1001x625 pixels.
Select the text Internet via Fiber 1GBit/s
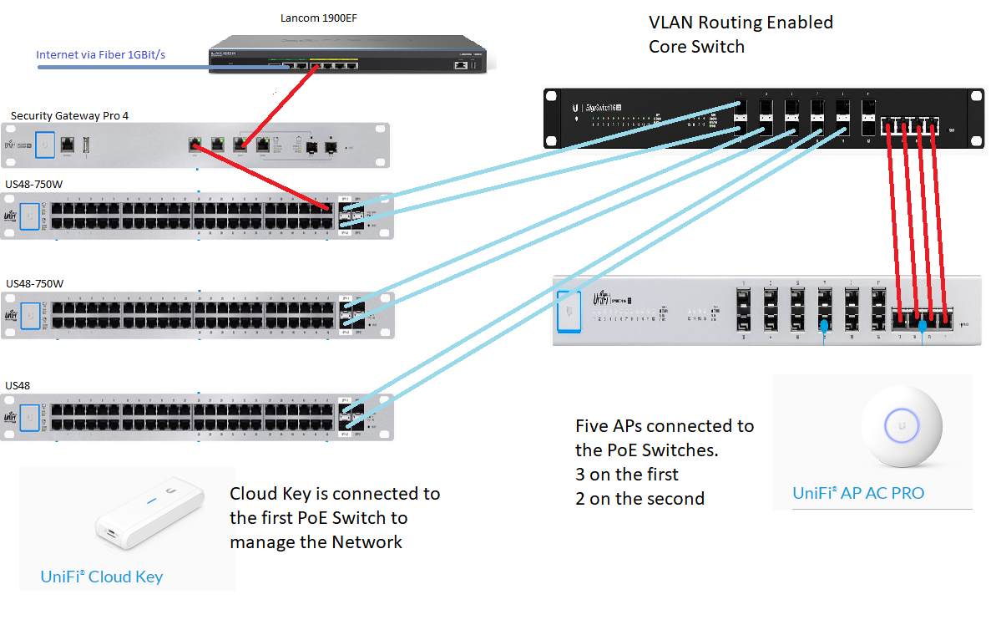[x=100, y=55]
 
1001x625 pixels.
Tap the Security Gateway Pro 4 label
[x=69, y=115]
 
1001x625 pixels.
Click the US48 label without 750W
[x=18, y=385]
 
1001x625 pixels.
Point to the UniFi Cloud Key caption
[x=101, y=577]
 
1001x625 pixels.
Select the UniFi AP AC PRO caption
[x=858, y=493]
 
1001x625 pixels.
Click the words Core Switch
[x=696, y=47]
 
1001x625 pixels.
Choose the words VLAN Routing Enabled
[x=741, y=23]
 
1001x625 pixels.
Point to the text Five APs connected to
[x=665, y=426]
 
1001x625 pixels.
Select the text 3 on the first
[x=627, y=475]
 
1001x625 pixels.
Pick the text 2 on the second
[x=640, y=499]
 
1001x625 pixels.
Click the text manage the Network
[x=316, y=542]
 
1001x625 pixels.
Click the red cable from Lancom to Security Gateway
[x=279, y=106]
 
